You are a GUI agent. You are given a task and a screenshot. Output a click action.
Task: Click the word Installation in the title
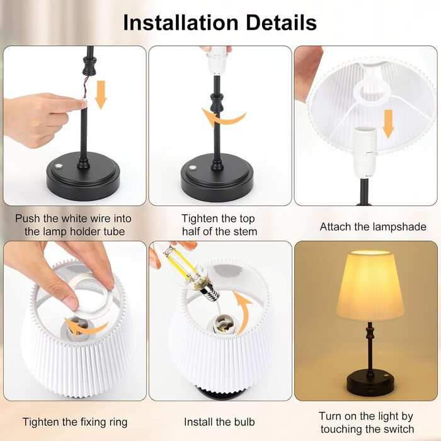tap(181, 23)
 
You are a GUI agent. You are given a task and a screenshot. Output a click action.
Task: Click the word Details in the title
tap(282, 23)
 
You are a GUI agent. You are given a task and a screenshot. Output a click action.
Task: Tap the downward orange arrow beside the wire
tap(101, 94)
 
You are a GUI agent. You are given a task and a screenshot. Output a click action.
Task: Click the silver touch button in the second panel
tap(193, 168)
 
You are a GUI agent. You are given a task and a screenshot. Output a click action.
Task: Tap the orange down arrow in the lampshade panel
tap(389, 124)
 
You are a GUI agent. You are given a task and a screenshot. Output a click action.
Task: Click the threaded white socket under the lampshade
tap(365, 152)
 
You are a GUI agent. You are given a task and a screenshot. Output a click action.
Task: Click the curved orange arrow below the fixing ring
tap(84, 326)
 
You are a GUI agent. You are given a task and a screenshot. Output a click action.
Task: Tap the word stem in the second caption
tap(247, 232)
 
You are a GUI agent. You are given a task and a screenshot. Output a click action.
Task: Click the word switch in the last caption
tap(396, 429)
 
